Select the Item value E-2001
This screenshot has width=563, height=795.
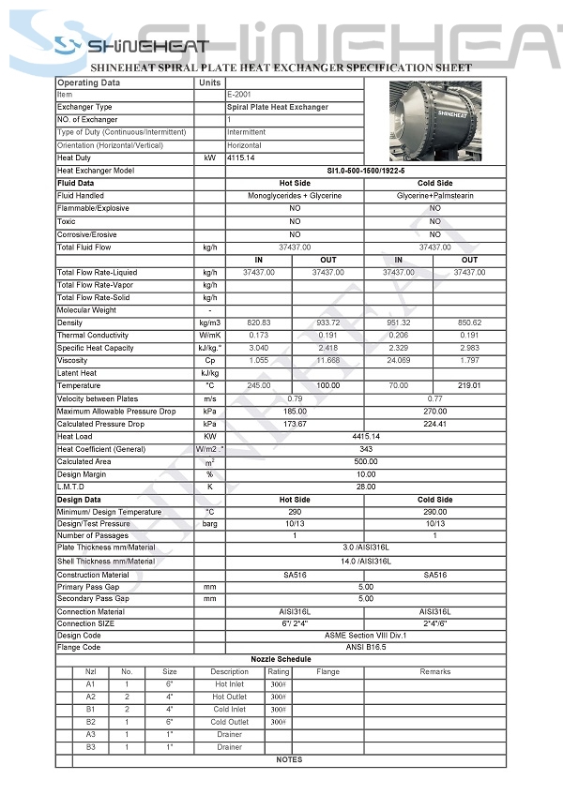(x=236, y=95)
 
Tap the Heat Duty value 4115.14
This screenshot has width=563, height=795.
(x=240, y=158)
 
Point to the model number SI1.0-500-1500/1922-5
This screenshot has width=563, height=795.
(x=365, y=171)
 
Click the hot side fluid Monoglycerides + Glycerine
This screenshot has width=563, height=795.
(x=295, y=196)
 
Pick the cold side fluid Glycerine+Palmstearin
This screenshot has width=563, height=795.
(x=434, y=196)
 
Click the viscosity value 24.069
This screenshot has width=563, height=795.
(x=399, y=360)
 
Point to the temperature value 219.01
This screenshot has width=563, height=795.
(x=469, y=385)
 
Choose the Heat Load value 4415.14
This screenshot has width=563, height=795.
(x=365, y=437)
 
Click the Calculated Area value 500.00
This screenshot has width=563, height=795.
(x=365, y=462)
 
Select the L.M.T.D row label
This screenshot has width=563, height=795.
(x=71, y=487)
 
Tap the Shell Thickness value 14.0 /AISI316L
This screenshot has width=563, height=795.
(x=365, y=562)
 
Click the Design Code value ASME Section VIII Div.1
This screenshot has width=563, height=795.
(x=365, y=636)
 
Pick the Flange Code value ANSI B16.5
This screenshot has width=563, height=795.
(x=365, y=648)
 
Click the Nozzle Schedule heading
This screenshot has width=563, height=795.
(x=281, y=660)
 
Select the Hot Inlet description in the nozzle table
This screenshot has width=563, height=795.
(x=229, y=684)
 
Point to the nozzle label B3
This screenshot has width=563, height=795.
(x=91, y=747)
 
